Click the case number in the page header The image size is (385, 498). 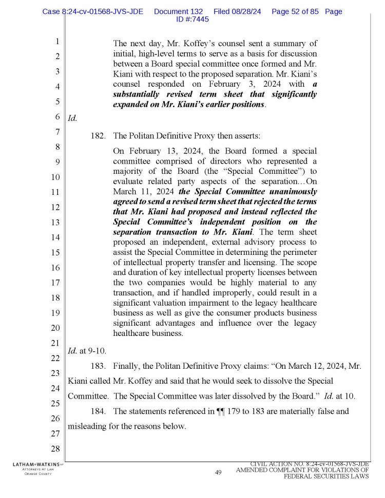tap(93, 11)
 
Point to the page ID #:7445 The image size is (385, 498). tap(192, 19)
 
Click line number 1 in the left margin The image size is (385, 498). tap(57, 42)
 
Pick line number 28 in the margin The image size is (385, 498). tap(57, 450)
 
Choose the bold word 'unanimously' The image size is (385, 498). tap(295, 191)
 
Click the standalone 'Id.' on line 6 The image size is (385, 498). tap(73, 118)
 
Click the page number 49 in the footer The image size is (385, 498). tap(218, 472)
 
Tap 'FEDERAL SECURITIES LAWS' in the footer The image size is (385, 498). tap(326, 476)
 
